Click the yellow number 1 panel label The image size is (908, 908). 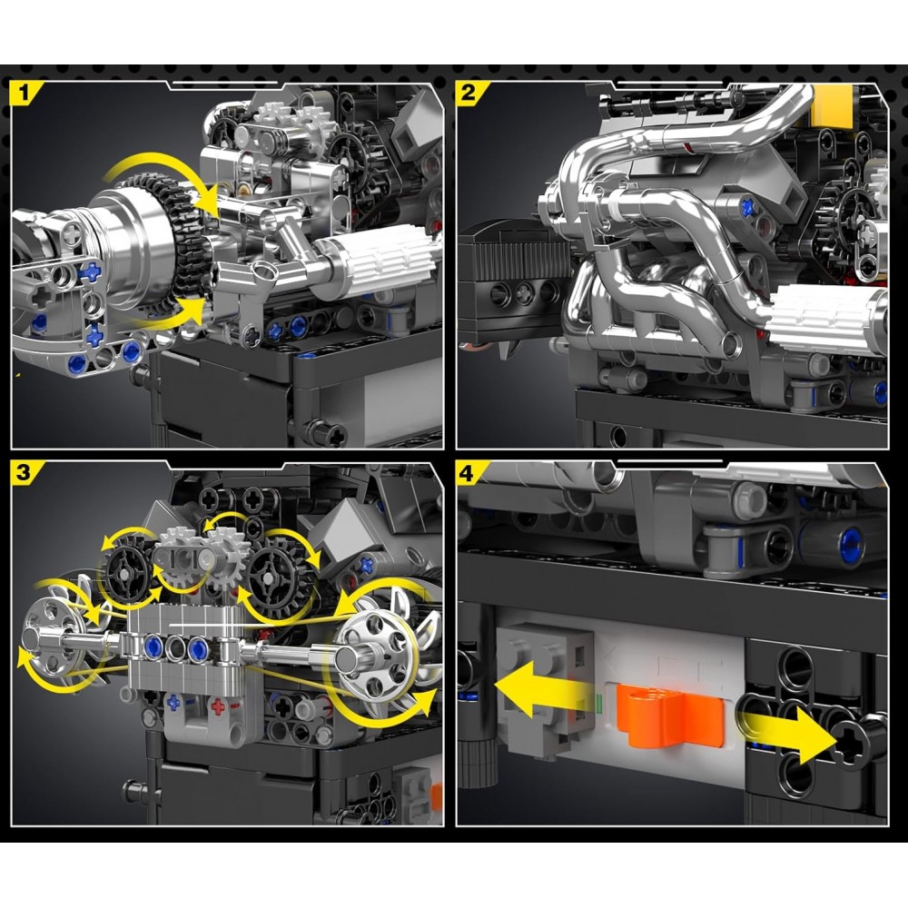24,93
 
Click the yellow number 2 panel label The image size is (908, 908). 468,93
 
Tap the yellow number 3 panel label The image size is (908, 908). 24,473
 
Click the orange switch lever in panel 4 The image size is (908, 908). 669,716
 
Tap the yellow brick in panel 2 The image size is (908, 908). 832,105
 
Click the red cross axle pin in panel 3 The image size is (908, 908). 218,706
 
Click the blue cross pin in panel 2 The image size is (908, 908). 748,205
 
